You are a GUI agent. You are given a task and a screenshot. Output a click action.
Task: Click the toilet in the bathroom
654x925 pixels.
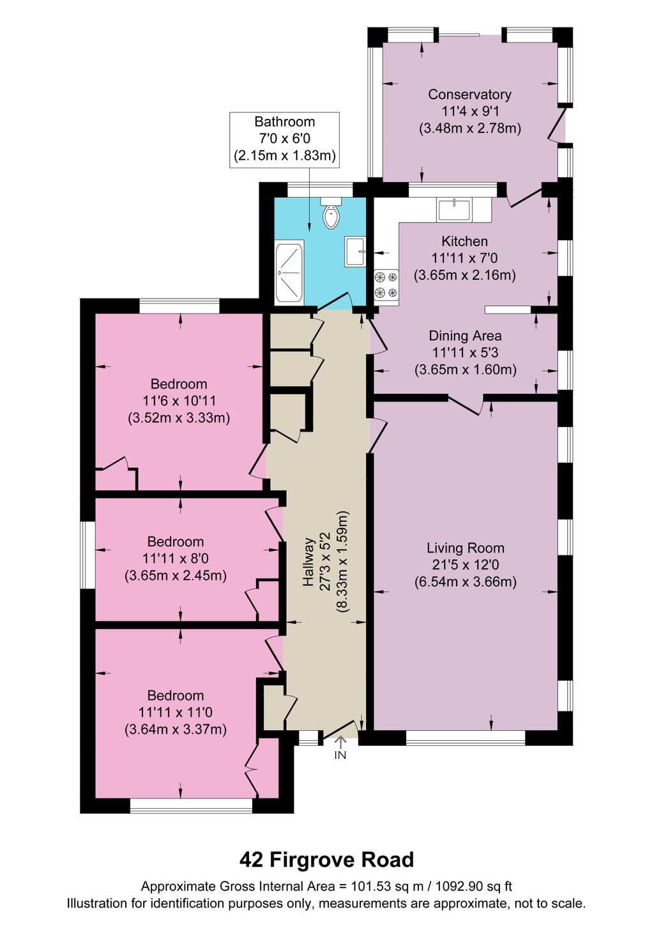[331, 214]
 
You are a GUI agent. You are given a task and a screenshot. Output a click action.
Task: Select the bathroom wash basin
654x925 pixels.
[354, 251]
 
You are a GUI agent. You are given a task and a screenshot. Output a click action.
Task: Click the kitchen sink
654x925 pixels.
[454, 210]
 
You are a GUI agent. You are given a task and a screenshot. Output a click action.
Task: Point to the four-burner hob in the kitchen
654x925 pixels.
[386, 285]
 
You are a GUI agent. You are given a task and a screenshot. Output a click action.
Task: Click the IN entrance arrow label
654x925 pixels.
[340, 754]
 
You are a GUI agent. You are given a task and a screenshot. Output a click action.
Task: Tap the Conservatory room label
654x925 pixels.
[469, 95]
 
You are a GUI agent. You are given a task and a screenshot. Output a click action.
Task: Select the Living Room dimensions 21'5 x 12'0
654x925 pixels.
[465, 565]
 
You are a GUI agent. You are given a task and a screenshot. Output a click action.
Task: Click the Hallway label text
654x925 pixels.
[309, 562]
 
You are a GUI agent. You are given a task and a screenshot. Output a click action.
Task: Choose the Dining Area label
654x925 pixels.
[465, 336]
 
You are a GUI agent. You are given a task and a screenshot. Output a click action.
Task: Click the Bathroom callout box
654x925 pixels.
[284, 139]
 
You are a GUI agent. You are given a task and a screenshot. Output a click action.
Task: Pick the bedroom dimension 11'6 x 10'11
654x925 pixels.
[179, 401]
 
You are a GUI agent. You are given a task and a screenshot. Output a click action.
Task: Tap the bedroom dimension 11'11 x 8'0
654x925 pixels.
[176, 559]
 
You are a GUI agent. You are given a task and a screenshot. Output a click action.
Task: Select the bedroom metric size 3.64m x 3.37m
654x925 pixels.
[176, 729]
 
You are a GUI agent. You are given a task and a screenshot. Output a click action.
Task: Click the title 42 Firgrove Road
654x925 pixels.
[326, 860]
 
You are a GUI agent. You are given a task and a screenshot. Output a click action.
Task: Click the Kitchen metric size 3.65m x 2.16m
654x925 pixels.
[465, 276]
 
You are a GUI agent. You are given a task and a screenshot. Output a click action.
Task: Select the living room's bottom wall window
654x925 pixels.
[466, 738]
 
